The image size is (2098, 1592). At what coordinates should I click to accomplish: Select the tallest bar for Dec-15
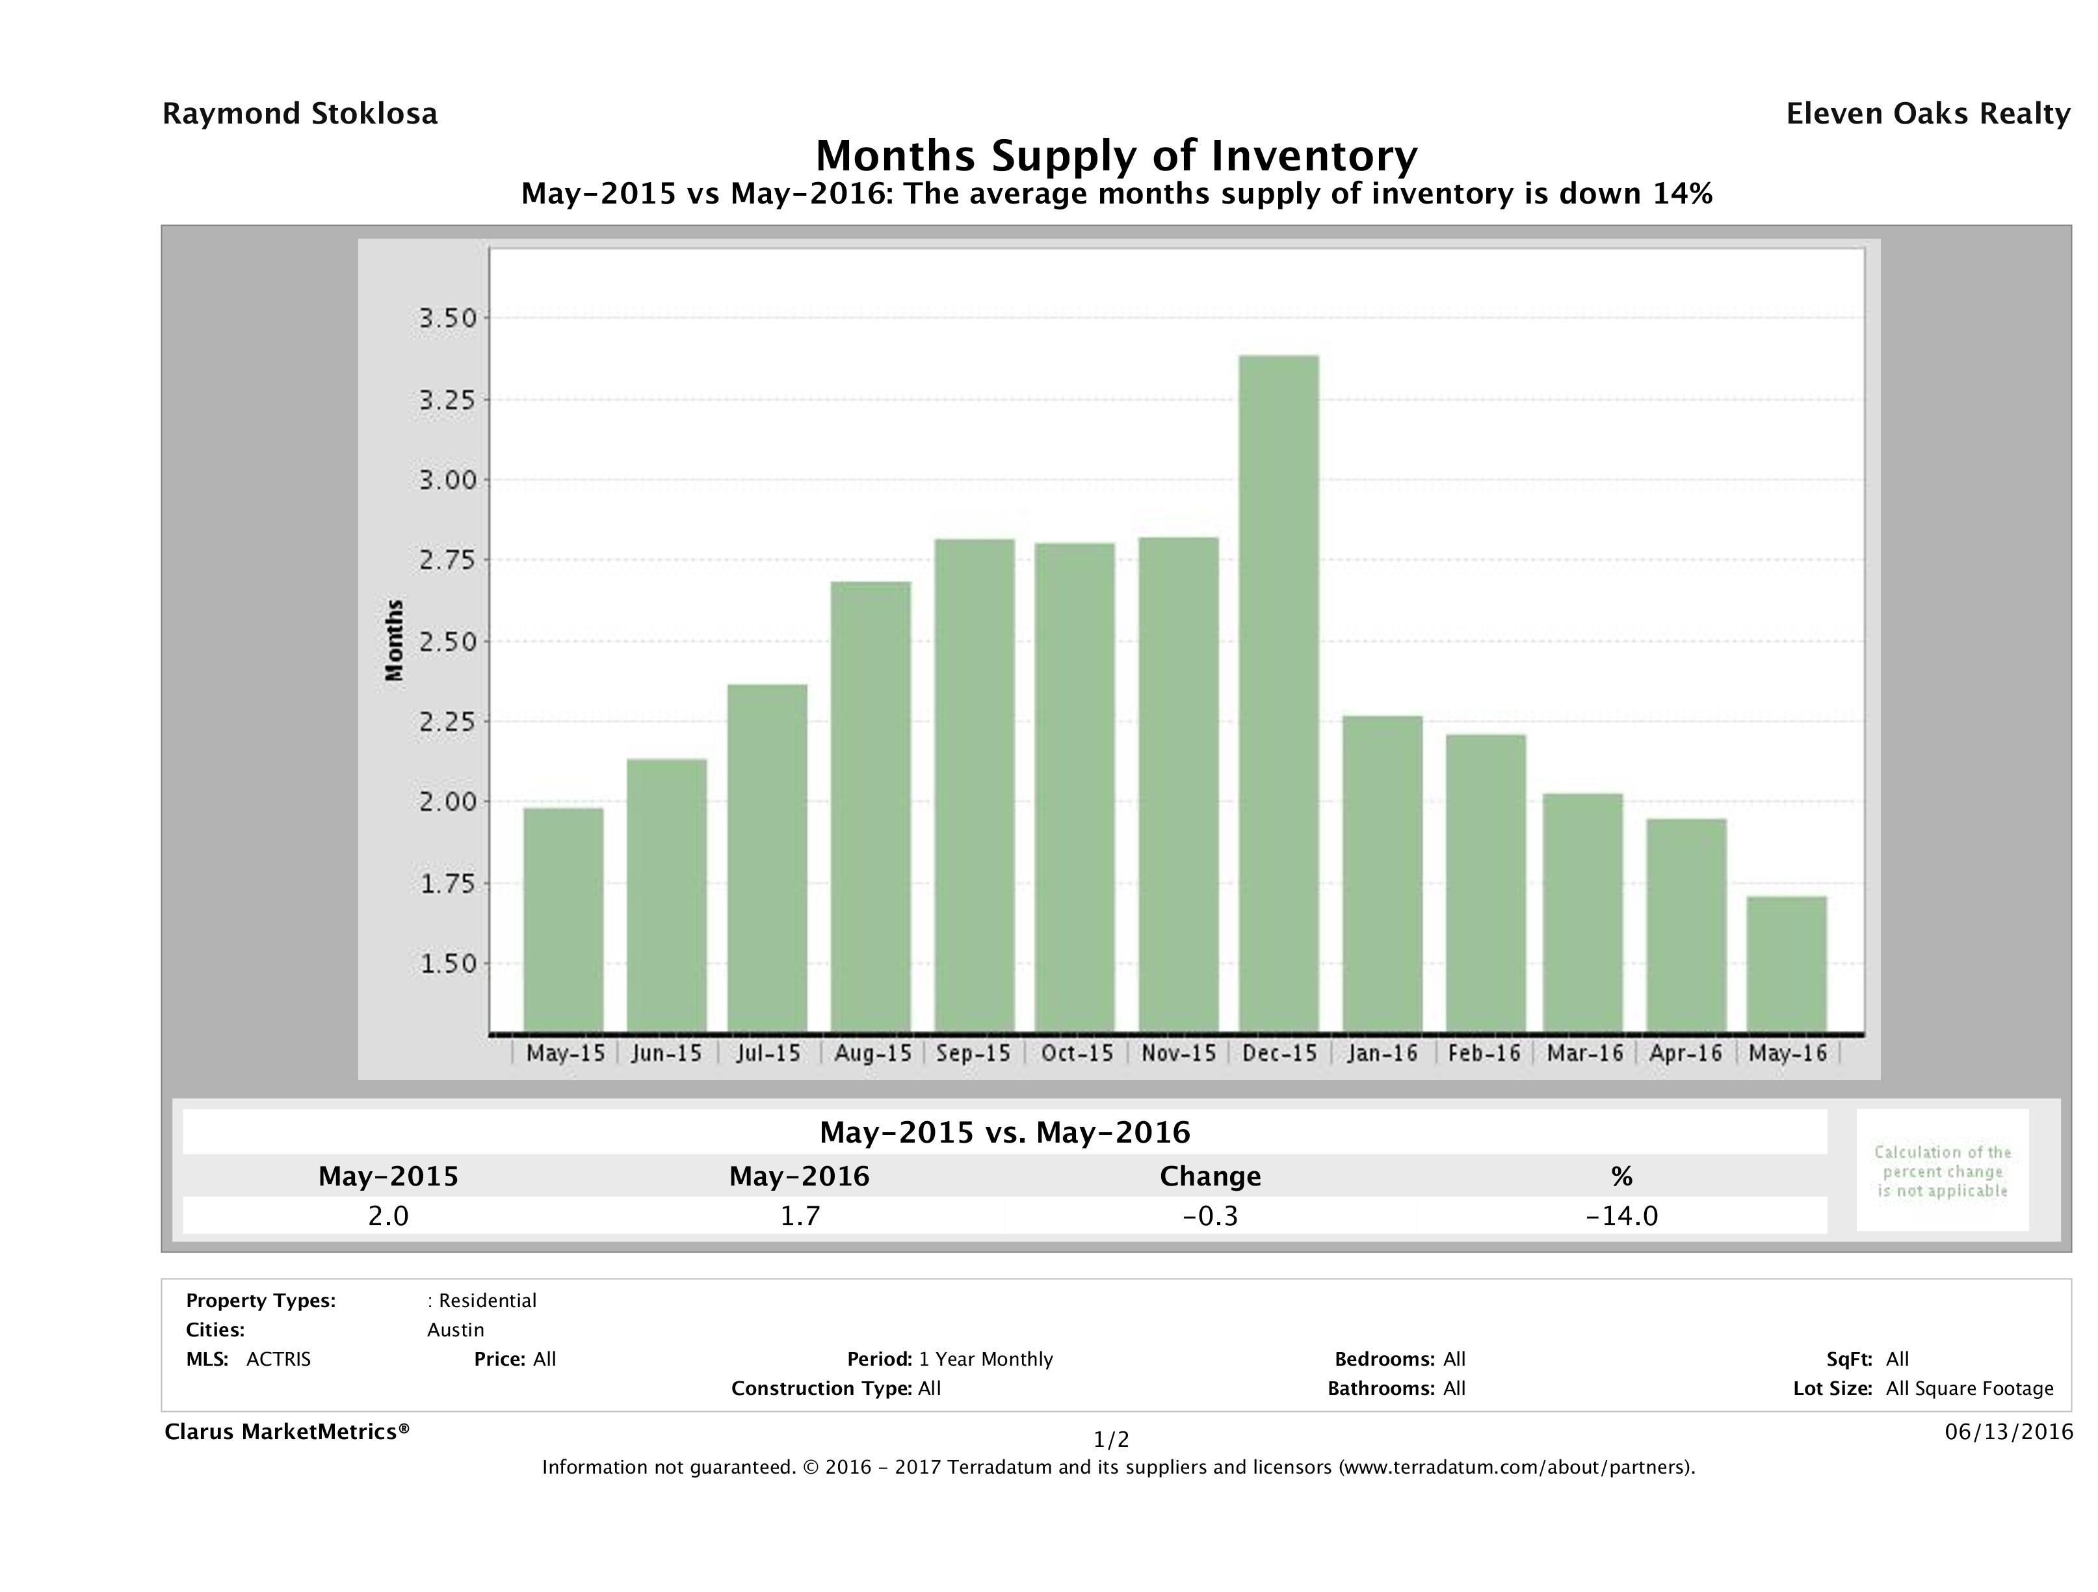(x=1279, y=693)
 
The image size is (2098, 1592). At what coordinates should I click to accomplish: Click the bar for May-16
(x=1787, y=964)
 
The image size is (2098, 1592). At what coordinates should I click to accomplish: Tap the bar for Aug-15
(x=871, y=806)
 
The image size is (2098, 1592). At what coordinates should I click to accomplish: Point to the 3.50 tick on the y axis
(x=448, y=318)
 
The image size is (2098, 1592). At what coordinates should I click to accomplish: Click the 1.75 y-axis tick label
(x=448, y=883)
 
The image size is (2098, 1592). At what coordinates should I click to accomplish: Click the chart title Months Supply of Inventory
(x=1116, y=155)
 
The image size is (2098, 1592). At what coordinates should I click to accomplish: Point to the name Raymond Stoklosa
(x=300, y=114)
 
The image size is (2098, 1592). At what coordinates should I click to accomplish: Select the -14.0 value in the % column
(x=1622, y=1216)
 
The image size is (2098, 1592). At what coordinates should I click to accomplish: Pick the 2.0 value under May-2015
(x=388, y=1216)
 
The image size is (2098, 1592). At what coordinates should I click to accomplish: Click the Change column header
(x=1211, y=1176)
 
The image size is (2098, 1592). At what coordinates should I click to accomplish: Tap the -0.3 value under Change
(x=1211, y=1216)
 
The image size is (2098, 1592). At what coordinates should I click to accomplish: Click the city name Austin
(x=455, y=1330)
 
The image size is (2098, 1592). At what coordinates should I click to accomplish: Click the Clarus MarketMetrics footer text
(x=287, y=1431)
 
